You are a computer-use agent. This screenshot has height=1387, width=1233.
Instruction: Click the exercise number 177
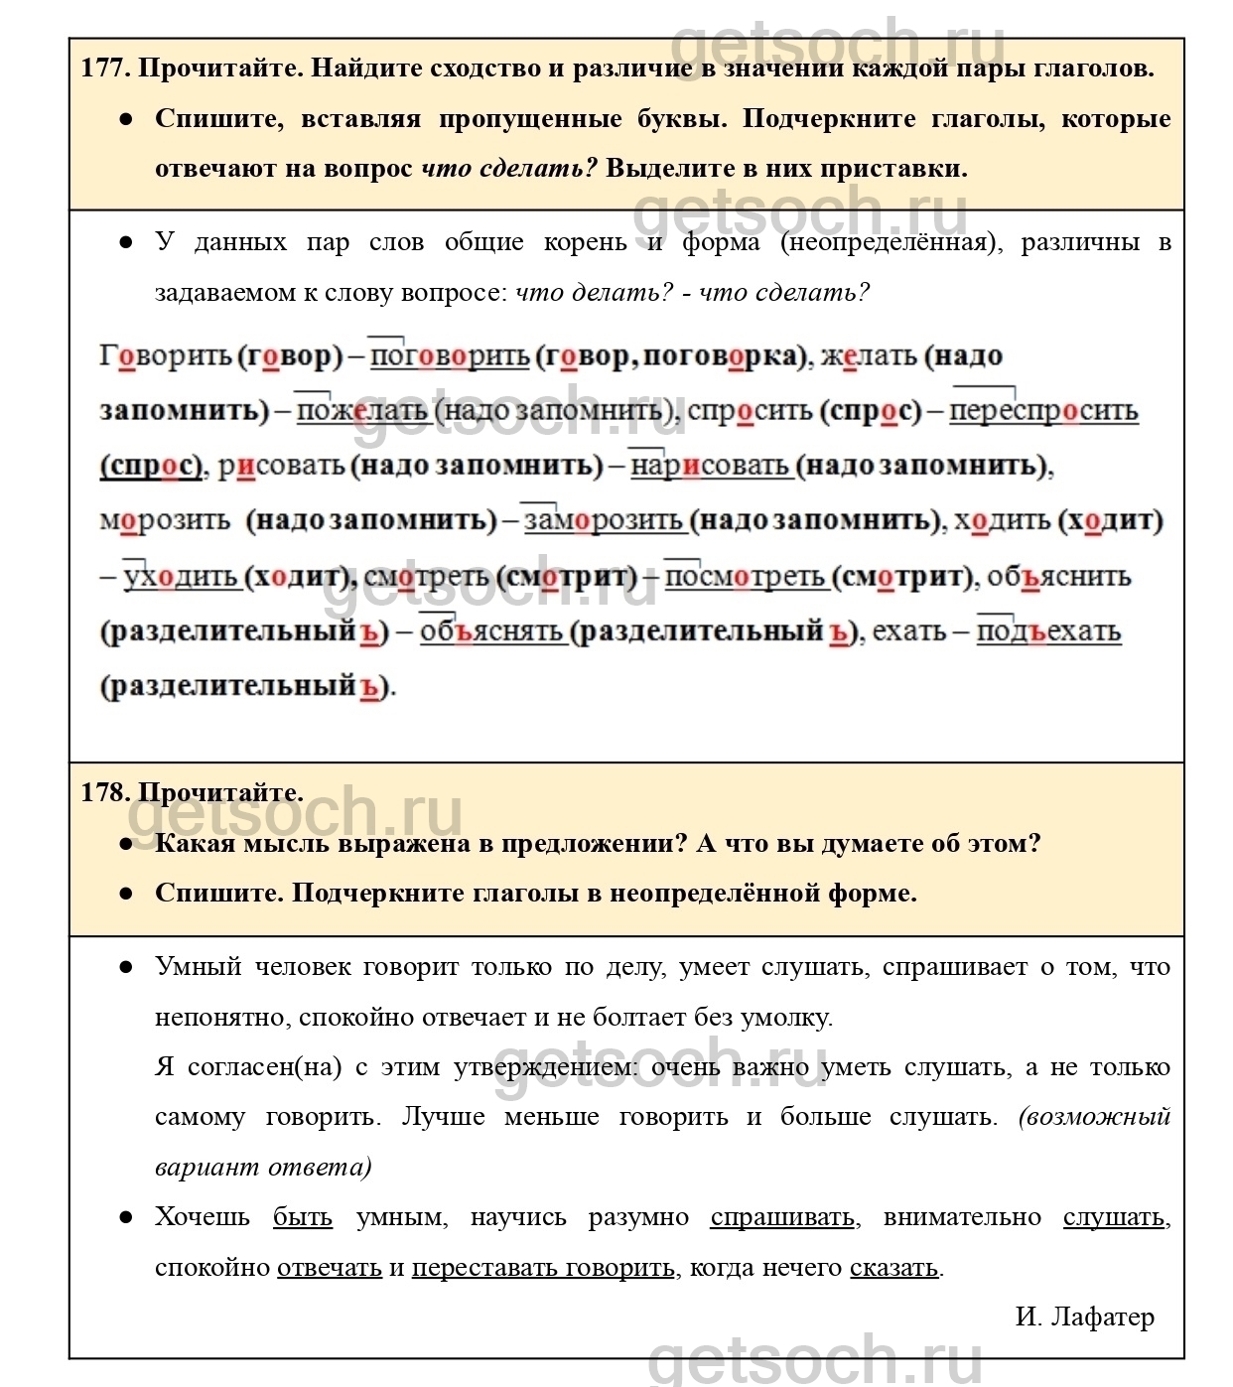click(104, 69)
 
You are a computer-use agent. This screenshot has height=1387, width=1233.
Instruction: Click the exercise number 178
click(104, 792)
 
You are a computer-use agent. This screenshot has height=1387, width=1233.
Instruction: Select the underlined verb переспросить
click(1043, 411)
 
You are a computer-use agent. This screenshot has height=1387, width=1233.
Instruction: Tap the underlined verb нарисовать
click(710, 466)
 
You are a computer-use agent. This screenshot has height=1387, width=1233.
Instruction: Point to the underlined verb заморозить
click(604, 520)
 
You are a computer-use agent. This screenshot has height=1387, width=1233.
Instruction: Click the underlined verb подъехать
click(1048, 631)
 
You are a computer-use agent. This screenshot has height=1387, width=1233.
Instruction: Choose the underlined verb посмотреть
click(746, 577)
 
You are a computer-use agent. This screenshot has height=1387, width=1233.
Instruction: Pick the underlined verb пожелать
click(362, 411)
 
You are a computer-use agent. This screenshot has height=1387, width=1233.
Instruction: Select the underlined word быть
click(303, 1217)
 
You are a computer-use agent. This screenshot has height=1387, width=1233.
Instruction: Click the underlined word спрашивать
click(782, 1217)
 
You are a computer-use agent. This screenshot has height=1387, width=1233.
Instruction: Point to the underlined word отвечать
click(330, 1268)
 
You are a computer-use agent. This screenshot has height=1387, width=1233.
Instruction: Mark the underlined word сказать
click(893, 1268)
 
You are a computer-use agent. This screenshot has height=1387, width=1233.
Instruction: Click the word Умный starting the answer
click(199, 967)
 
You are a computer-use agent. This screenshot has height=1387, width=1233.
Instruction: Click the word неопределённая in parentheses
click(889, 242)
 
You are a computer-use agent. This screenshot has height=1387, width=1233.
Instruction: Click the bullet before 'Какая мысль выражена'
click(126, 844)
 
